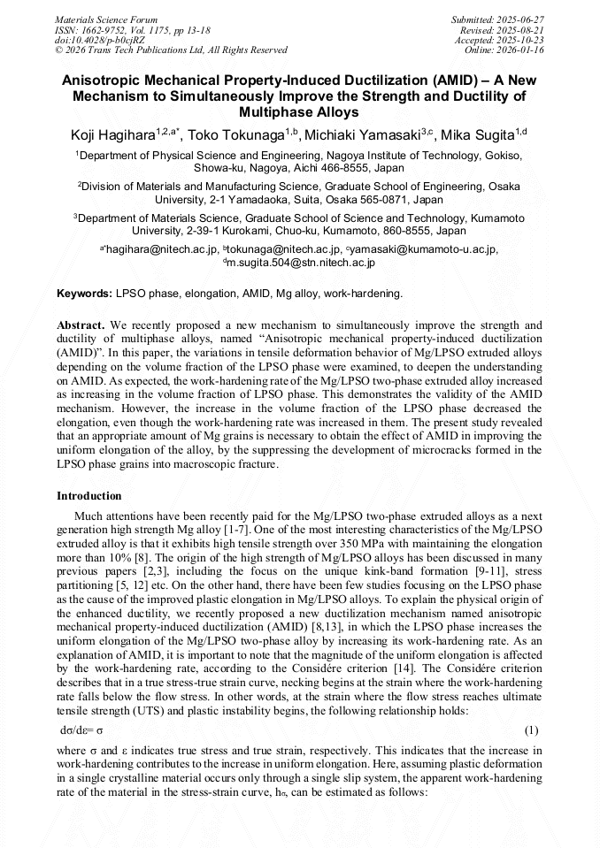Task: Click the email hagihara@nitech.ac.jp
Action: coord(162,250)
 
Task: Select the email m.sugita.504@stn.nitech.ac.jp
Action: coord(303,263)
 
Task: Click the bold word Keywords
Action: coord(85,293)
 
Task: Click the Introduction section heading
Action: coord(89,496)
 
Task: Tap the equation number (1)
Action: coord(532,731)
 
